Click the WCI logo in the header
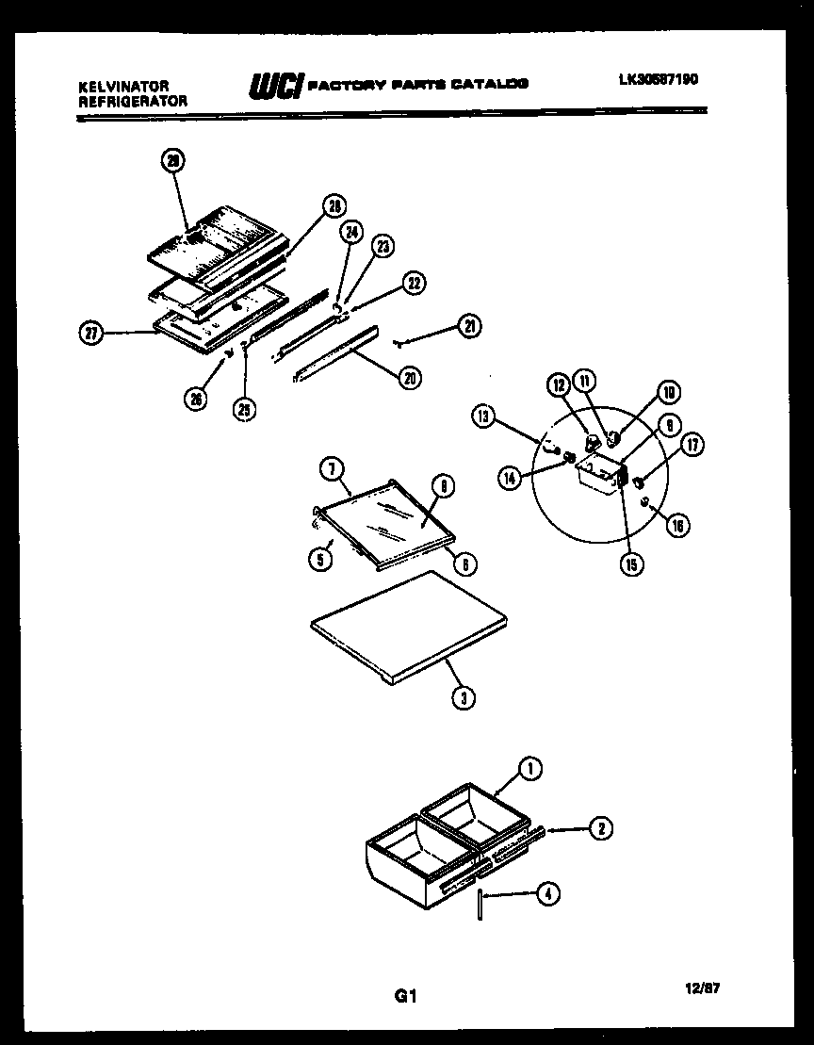coord(275,87)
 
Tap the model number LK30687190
coord(658,80)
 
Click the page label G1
coord(405,997)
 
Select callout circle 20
coord(409,377)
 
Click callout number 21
coord(469,326)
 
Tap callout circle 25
coord(245,409)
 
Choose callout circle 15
coord(629,564)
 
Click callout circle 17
coord(694,445)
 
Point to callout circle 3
coord(462,697)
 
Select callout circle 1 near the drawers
coord(529,770)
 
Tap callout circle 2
coord(599,828)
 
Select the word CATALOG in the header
coord(489,83)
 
